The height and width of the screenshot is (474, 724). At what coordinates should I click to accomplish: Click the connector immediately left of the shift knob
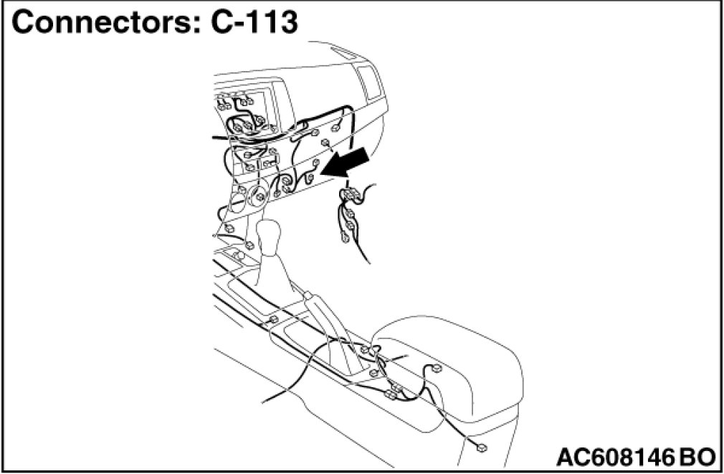pyautogui.click(x=249, y=246)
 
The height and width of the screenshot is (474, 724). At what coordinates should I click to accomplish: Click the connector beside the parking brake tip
pyautogui.click(x=274, y=318)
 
